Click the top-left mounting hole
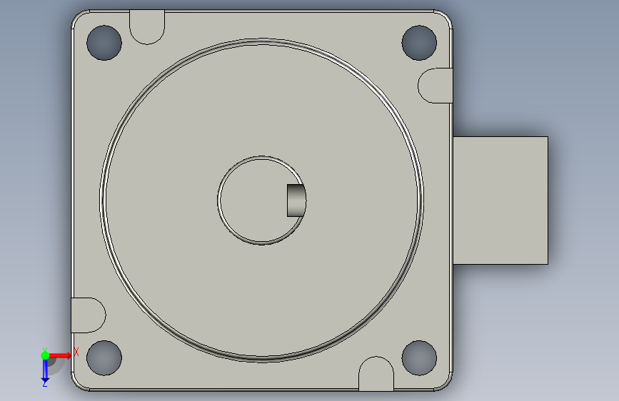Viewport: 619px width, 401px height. pos(104,43)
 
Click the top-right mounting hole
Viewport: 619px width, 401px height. pos(419,43)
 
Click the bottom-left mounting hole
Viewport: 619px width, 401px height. pos(104,357)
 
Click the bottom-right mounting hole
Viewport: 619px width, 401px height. pos(419,357)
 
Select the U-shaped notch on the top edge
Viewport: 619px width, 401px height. pos(147,27)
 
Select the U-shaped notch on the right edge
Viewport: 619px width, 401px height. pos(436,86)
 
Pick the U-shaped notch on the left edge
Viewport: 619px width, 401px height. pos(89,315)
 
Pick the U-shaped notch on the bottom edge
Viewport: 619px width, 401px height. pos(376,374)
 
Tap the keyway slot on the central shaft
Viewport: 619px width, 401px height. pos(296,200)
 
